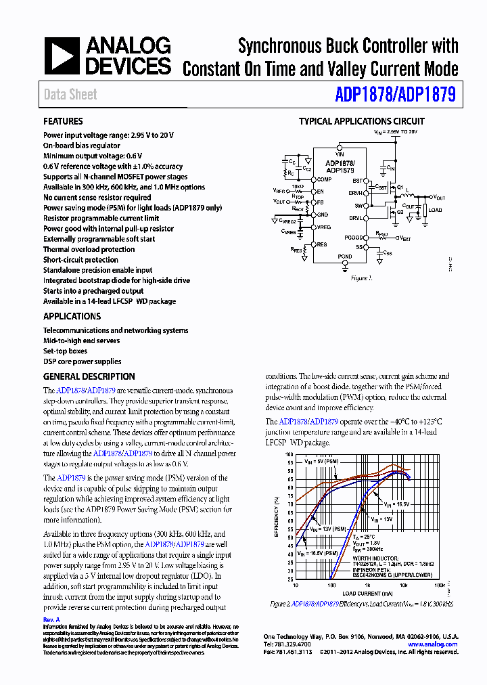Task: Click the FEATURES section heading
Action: (x=63, y=121)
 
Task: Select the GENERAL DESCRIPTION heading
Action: (x=89, y=376)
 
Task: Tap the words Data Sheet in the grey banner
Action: (x=70, y=95)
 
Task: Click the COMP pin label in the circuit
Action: (x=324, y=179)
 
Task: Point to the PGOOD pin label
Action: (x=353, y=238)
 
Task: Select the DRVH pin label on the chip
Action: (x=356, y=193)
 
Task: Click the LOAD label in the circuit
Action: (x=435, y=211)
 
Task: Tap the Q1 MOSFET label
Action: (x=400, y=187)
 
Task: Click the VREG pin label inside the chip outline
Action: (x=324, y=227)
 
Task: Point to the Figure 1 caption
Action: (x=361, y=278)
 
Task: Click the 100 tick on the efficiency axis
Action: (x=289, y=455)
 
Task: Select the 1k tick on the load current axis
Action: (x=367, y=585)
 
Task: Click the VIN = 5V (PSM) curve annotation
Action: (x=321, y=461)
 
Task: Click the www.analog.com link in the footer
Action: (x=433, y=644)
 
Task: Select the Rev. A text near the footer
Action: (x=51, y=619)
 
